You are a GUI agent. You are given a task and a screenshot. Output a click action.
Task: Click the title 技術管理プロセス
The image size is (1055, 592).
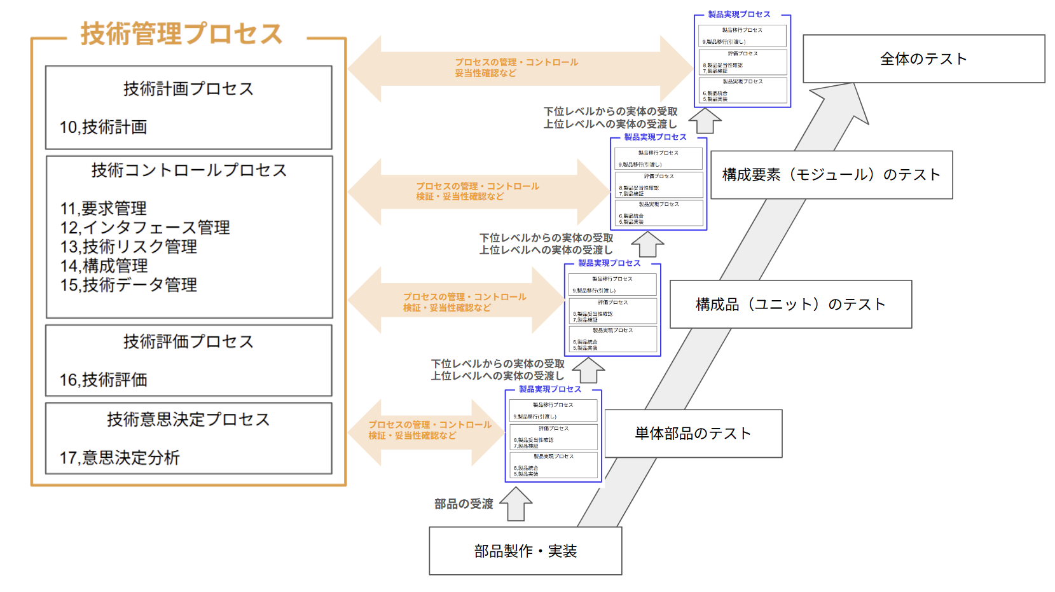click(x=181, y=34)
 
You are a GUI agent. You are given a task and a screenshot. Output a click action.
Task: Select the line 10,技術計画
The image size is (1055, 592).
click(x=104, y=127)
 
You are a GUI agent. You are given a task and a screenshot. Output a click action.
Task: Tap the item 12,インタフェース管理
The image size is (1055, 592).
click(x=145, y=228)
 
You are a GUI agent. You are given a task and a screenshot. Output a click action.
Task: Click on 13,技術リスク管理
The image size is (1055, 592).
click(x=128, y=247)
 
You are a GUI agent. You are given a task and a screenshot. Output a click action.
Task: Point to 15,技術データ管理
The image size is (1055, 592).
click(x=128, y=285)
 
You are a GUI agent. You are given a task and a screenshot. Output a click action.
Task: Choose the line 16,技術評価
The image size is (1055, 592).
click(x=104, y=380)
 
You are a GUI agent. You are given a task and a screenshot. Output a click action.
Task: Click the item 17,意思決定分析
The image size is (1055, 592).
click(x=120, y=458)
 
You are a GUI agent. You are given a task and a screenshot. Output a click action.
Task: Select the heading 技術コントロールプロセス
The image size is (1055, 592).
click(x=189, y=170)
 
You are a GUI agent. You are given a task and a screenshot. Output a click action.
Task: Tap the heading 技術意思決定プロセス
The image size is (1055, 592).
click(x=188, y=420)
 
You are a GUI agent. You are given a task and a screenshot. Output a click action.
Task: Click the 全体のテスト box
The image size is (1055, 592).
click(x=923, y=59)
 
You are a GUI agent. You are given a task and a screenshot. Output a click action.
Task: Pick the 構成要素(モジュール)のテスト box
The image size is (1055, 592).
click(x=831, y=175)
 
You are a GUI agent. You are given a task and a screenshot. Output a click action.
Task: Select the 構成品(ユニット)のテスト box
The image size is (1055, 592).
click(x=790, y=305)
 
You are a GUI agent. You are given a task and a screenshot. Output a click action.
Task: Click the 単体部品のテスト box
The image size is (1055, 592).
click(x=693, y=434)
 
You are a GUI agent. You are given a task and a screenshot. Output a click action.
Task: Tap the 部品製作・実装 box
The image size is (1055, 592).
click(x=525, y=551)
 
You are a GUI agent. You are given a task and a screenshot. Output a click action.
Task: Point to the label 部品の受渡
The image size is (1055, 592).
click(x=464, y=504)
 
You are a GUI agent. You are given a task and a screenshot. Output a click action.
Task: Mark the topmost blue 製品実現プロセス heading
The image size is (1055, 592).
click(x=739, y=14)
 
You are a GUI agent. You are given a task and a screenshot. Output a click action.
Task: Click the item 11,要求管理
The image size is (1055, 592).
click(x=104, y=209)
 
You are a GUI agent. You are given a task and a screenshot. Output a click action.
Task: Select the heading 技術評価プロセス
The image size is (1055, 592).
click(x=188, y=342)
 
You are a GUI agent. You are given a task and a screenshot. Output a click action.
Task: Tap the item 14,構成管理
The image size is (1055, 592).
click(x=104, y=266)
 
